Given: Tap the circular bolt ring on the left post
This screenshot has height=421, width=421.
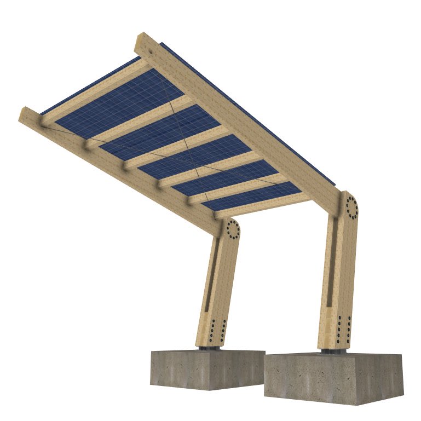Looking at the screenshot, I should [x=233, y=229].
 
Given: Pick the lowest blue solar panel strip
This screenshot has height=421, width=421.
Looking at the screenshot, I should [x=252, y=197].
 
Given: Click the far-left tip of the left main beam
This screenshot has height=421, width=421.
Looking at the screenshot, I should [x=23, y=114].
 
